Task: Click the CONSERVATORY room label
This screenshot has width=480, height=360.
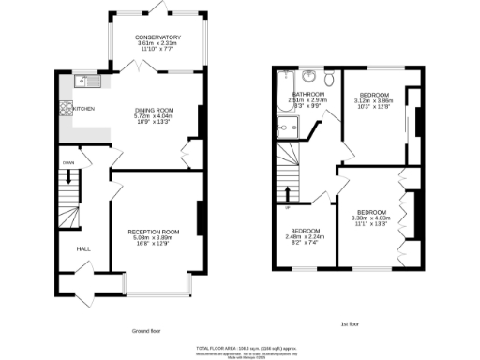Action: (x=158, y=37)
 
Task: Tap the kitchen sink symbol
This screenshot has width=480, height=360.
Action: (x=82, y=79)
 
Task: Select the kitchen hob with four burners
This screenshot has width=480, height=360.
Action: (x=67, y=108)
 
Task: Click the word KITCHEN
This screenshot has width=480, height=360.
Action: (x=84, y=108)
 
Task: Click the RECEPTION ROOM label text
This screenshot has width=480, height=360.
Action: (x=154, y=231)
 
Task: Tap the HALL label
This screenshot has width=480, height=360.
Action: (x=82, y=248)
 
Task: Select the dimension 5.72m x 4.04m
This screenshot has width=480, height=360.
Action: (x=157, y=117)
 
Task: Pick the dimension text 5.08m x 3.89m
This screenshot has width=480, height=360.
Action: (x=154, y=237)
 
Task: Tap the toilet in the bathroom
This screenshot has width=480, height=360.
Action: (x=330, y=78)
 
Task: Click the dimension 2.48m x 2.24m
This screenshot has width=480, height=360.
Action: (x=307, y=236)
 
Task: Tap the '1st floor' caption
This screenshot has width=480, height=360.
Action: (x=351, y=324)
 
